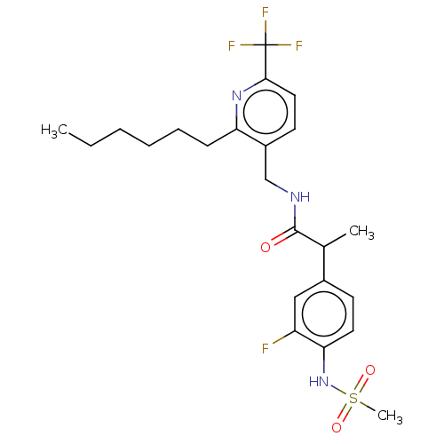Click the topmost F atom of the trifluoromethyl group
pyautogui.click(x=266, y=12)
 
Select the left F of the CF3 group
pyautogui.click(x=232, y=45)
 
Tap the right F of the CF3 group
pyautogui.click(x=299, y=45)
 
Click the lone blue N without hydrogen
pyautogui.click(x=236, y=95)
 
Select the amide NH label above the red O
pyautogui.click(x=300, y=197)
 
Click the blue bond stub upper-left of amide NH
pyautogui.click(x=283, y=189)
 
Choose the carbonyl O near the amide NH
pyautogui.click(x=266, y=247)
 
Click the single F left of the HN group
pyautogui.click(x=266, y=348)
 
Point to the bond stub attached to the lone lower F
pyautogui.click(x=278, y=341)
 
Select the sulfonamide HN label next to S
pyautogui.click(x=319, y=382)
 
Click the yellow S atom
pyautogui.click(x=353, y=400)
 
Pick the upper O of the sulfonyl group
pyautogui.click(x=370, y=370)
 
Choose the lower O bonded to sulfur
pyautogui.click(x=337, y=428)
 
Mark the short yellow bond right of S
pyautogui.click(x=366, y=407)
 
